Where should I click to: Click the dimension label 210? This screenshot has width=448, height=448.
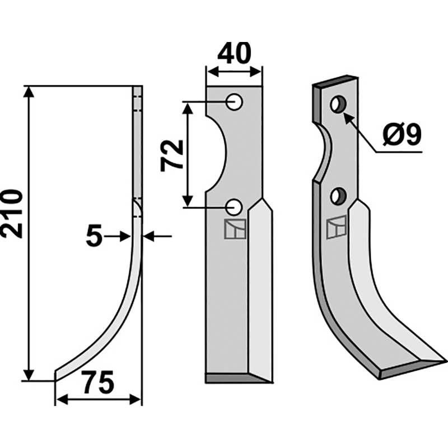(12, 213)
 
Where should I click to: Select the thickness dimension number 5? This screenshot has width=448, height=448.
(94, 235)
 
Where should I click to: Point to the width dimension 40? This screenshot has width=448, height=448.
(234, 53)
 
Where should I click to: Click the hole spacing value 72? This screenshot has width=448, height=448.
(172, 156)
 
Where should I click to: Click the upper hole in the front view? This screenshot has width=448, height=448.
(234, 102)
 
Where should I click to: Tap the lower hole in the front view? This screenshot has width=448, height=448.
(234, 208)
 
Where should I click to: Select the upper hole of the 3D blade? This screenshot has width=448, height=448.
(339, 104)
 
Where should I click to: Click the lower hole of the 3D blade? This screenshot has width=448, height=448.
(339, 196)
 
